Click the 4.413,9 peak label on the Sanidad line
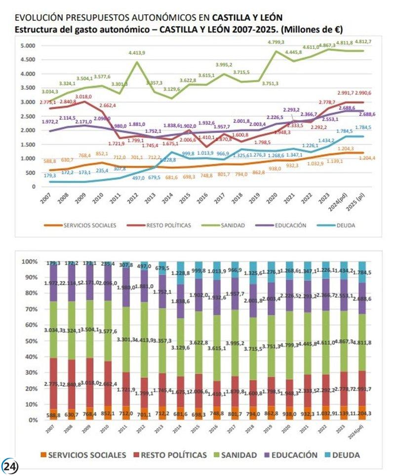[x=136, y=53]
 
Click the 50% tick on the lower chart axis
[x=31, y=341]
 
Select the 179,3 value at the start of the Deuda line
[x=49, y=175]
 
